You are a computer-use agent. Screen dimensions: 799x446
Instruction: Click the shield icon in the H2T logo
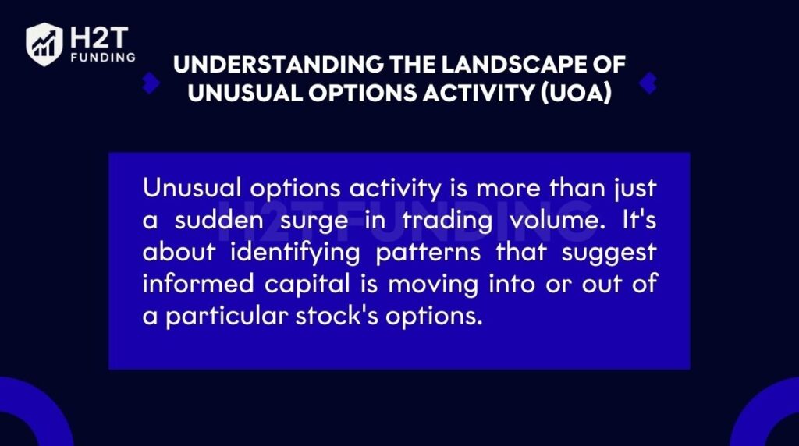[x=44, y=44]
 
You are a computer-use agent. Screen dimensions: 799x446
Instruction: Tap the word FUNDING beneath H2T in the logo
[x=104, y=58]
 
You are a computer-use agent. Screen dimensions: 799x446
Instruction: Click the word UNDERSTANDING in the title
[x=279, y=65]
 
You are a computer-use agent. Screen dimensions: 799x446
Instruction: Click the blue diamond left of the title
[x=151, y=83]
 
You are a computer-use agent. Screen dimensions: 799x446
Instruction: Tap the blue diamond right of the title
[x=648, y=83]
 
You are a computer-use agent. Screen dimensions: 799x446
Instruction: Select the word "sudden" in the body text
[x=218, y=221]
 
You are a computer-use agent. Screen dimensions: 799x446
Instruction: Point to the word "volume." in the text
[x=557, y=221]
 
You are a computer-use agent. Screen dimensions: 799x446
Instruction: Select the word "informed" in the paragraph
[x=197, y=284]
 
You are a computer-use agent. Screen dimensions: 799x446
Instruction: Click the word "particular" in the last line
[x=227, y=317]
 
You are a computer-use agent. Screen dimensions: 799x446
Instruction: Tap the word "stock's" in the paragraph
[x=337, y=316]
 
